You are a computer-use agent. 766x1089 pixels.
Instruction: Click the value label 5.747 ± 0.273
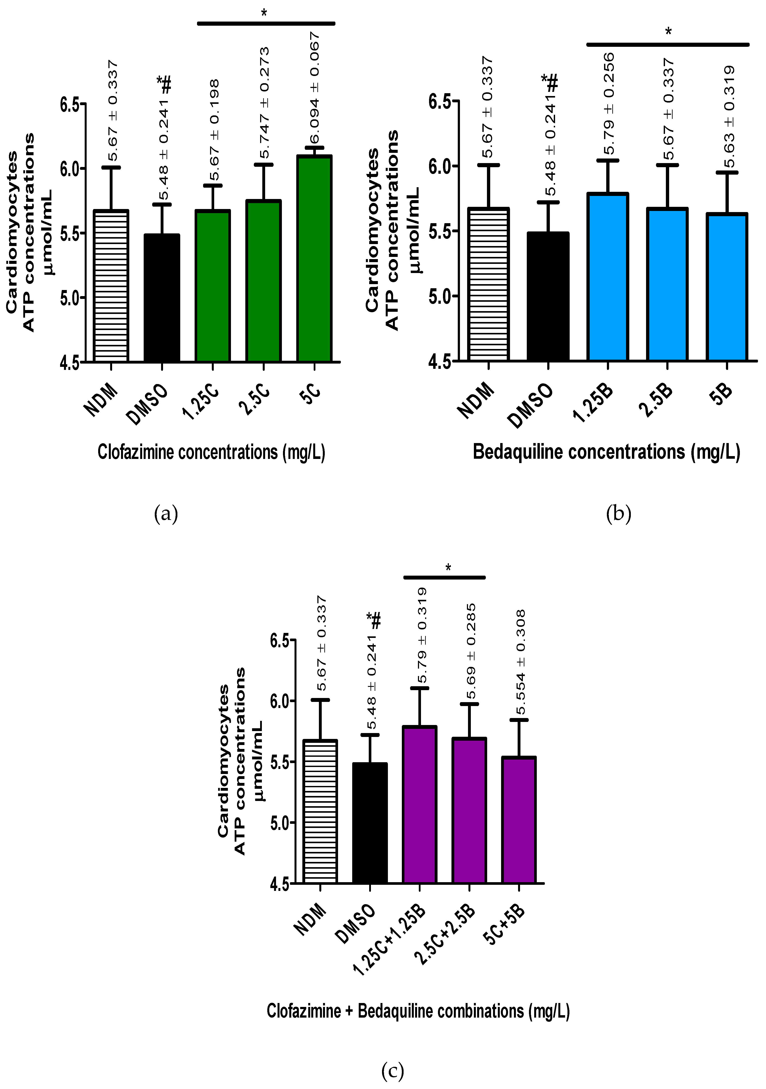point(264,103)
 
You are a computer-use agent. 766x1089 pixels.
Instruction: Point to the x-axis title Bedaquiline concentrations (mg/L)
point(606,452)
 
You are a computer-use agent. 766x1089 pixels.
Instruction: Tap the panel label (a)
point(166,514)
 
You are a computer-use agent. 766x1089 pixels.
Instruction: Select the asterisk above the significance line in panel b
point(668,32)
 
